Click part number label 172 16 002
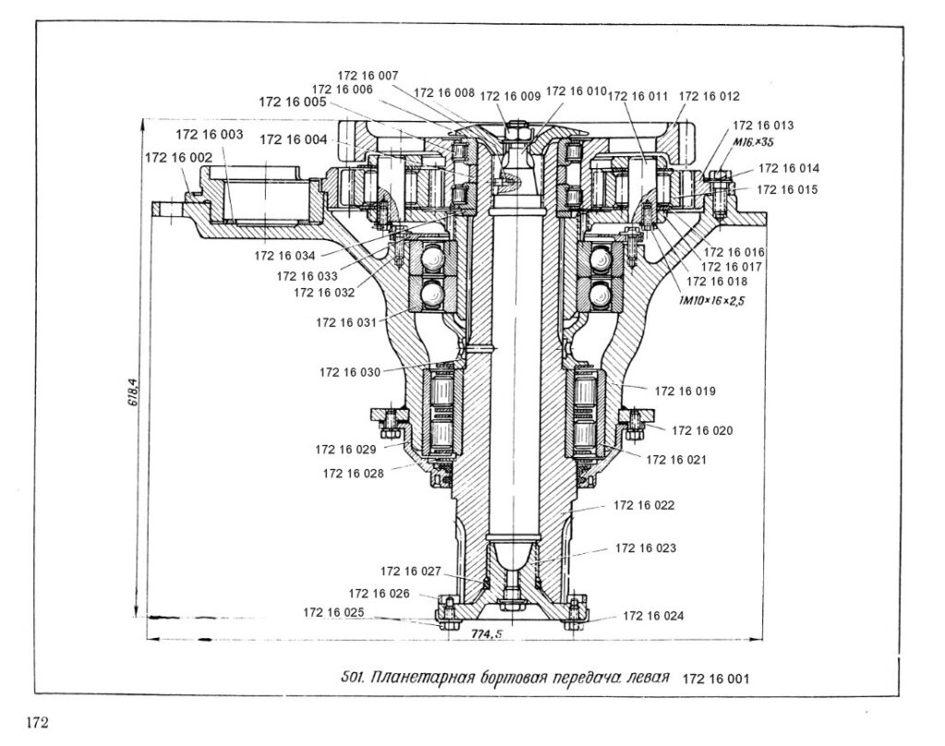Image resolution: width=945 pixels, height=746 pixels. click(x=176, y=158)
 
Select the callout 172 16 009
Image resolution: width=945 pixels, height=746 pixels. click(x=510, y=95)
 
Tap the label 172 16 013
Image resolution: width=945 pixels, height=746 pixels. click(x=762, y=125)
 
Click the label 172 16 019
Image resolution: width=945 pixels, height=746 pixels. click(x=685, y=391)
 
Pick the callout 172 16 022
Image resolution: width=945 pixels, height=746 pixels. click(x=644, y=505)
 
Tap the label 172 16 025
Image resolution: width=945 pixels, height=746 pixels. click(x=334, y=613)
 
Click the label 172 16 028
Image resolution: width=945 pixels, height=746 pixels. click(x=354, y=474)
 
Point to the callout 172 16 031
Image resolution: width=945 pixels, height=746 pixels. click(x=347, y=323)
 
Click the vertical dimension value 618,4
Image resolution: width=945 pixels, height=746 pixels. click(x=132, y=392)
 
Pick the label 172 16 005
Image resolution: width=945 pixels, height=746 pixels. click(x=292, y=102)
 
